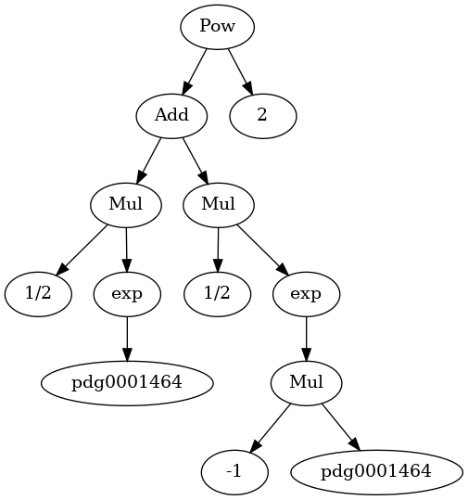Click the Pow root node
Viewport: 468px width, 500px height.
click(x=218, y=27)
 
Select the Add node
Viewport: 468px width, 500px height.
click(x=171, y=116)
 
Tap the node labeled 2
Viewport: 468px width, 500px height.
click(x=263, y=116)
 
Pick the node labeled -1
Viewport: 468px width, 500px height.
click(x=234, y=472)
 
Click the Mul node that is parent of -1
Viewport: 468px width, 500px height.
click(x=307, y=383)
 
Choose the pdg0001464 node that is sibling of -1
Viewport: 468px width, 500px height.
click(x=376, y=472)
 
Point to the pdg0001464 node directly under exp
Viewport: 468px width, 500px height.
click(x=127, y=383)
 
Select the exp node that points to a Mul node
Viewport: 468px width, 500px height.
click(x=307, y=294)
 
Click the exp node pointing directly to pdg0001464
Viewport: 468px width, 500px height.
click(x=127, y=294)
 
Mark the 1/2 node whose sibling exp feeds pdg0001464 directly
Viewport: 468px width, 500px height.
click(x=38, y=294)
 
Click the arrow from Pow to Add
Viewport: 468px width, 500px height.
click(x=194, y=71)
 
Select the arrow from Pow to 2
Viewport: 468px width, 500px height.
click(x=241, y=71)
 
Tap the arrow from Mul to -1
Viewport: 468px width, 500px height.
click(x=271, y=428)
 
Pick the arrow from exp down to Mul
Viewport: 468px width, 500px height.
click(x=307, y=339)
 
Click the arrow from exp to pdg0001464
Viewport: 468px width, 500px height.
click(x=127, y=339)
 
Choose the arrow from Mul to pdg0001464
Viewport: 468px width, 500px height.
click(x=341, y=428)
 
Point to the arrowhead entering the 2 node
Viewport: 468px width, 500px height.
click(x=248, y=88)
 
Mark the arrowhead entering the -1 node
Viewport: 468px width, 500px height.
click(x=255, y=446)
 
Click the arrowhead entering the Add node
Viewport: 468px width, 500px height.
click(x=186, y=88)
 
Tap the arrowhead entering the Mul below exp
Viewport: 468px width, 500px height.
click(x=307, y=354)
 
